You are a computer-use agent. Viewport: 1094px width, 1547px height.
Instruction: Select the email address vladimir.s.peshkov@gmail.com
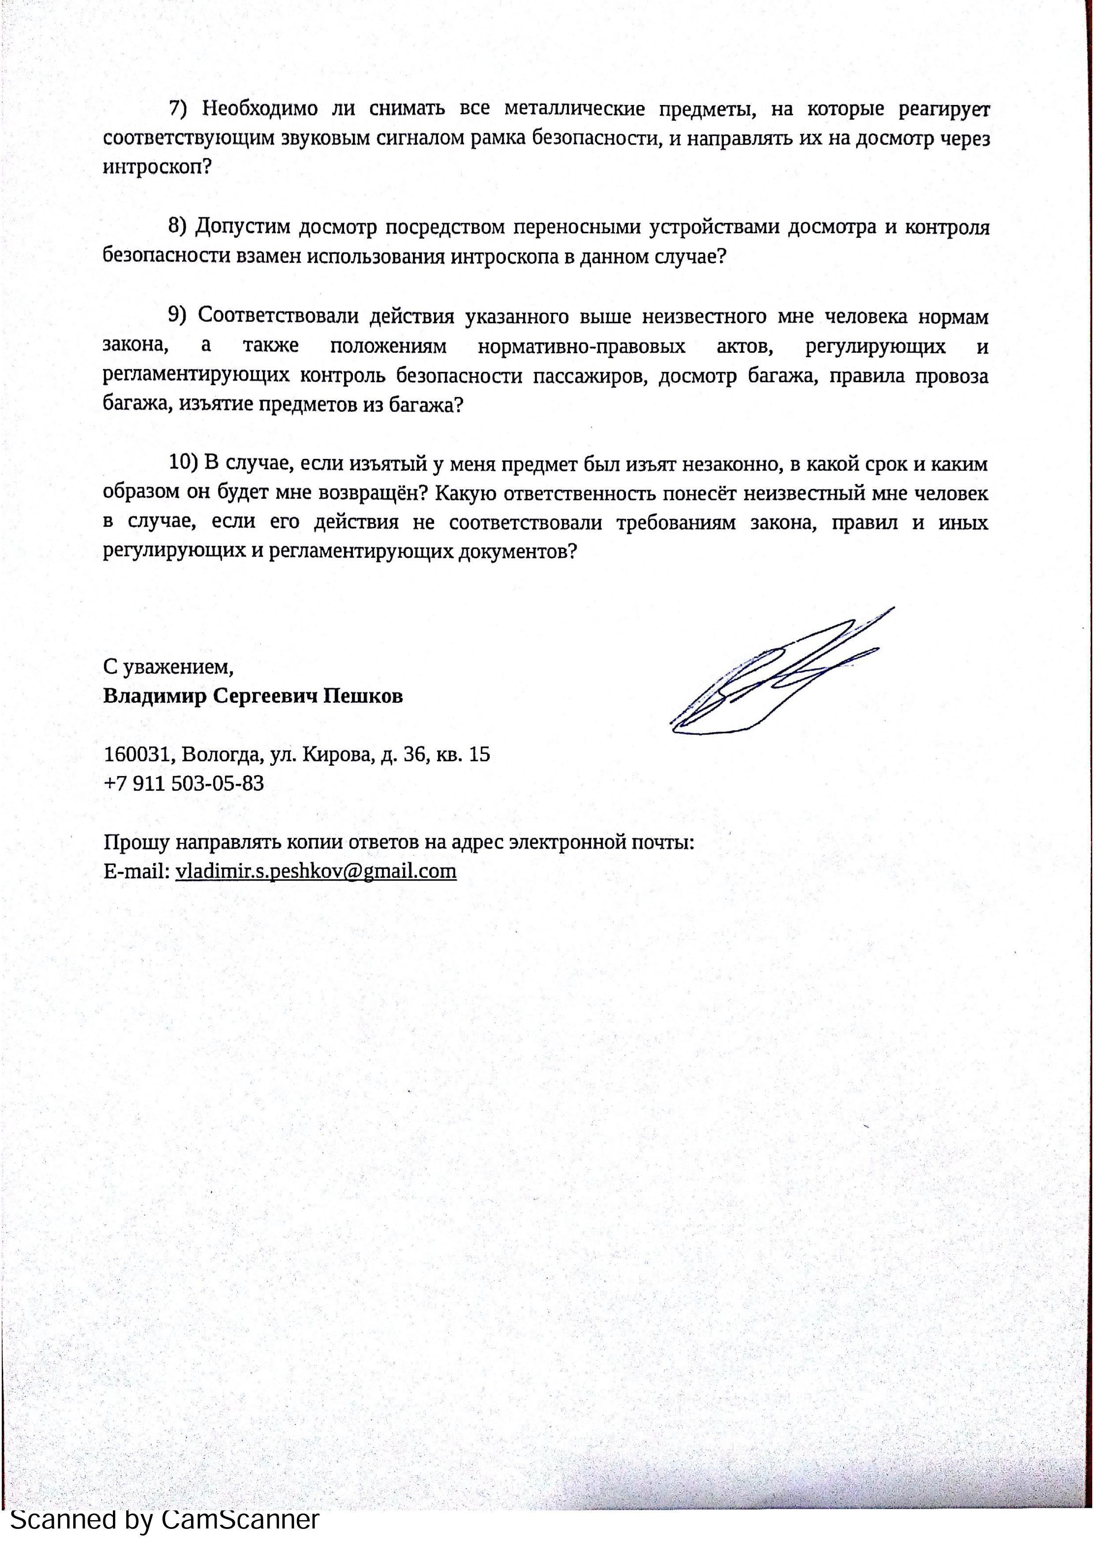(315, 871)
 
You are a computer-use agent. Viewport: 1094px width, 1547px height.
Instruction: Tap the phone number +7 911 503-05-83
(184, 783)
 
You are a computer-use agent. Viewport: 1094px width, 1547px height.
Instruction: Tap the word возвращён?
(373, 493)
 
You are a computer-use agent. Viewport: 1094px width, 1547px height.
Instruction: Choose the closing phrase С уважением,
(169, 667)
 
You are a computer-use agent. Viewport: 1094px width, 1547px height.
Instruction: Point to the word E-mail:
(137, 871)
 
